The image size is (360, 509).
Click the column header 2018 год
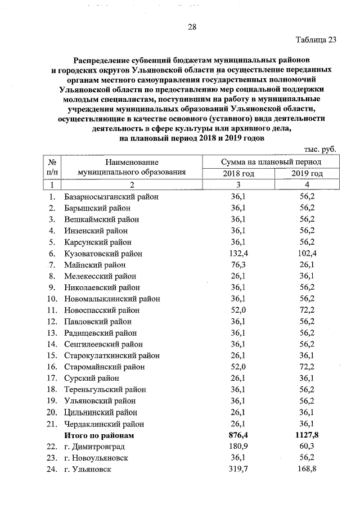point(238,174)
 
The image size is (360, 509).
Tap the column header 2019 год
point(307,174)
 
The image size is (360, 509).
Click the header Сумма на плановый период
point(272,162)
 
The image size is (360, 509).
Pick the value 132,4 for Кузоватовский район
point(238,254)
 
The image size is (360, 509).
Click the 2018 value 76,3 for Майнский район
point(238,265)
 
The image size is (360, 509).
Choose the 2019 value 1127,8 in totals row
point(307,435)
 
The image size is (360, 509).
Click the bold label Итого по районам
point(100,435)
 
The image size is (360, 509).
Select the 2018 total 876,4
point(238,435)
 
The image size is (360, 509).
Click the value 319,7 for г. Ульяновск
point(238,469)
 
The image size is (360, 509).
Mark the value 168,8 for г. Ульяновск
point(307,469)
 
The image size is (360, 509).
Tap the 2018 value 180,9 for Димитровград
point(238,447)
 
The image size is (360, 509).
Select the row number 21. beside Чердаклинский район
point(52,424)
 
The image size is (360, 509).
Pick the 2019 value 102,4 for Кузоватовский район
point(307,254)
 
